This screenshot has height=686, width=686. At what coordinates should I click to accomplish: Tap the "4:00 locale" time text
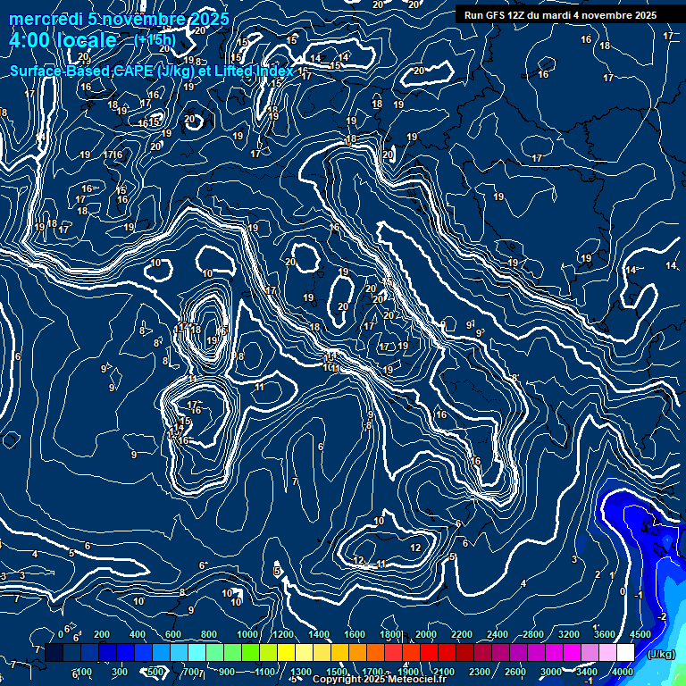tap(63, 41)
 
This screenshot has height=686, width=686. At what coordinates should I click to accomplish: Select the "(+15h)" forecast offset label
tap(155, 41)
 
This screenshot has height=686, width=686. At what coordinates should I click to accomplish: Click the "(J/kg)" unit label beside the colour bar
tap(660, 654)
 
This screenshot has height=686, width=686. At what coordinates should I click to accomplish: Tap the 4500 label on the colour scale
tap(640, 634)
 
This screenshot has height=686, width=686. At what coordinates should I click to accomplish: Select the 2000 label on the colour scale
tap(426, 634)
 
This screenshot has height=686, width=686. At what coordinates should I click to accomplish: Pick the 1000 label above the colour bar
tap(247, 634)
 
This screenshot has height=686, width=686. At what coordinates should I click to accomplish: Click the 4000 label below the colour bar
tap(623, 672)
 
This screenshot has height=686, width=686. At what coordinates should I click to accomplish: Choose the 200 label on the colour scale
tap(102, 634)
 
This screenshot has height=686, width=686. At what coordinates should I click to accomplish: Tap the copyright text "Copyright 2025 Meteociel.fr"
tap(379, 680)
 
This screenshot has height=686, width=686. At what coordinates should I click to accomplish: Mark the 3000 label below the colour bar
tap(551, 672)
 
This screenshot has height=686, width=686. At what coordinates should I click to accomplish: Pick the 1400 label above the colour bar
tap(319, 634)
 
